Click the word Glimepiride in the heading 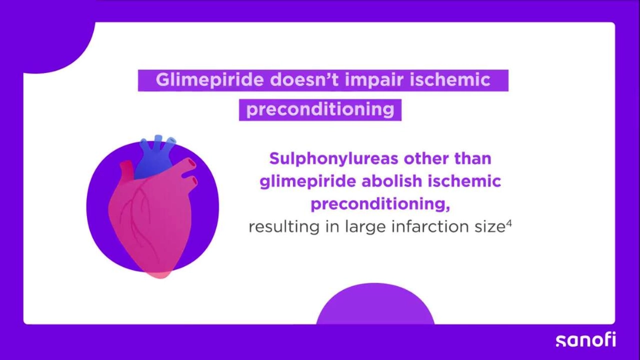point(210,80)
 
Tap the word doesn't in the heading point(305,79)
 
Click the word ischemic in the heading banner point(449,79)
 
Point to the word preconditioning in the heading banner point(321,110)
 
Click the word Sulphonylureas point(334,159)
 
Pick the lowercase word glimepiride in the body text point(308,182)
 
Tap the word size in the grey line point(490,226)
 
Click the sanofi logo point(586,339)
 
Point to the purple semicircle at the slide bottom point(375,304)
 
